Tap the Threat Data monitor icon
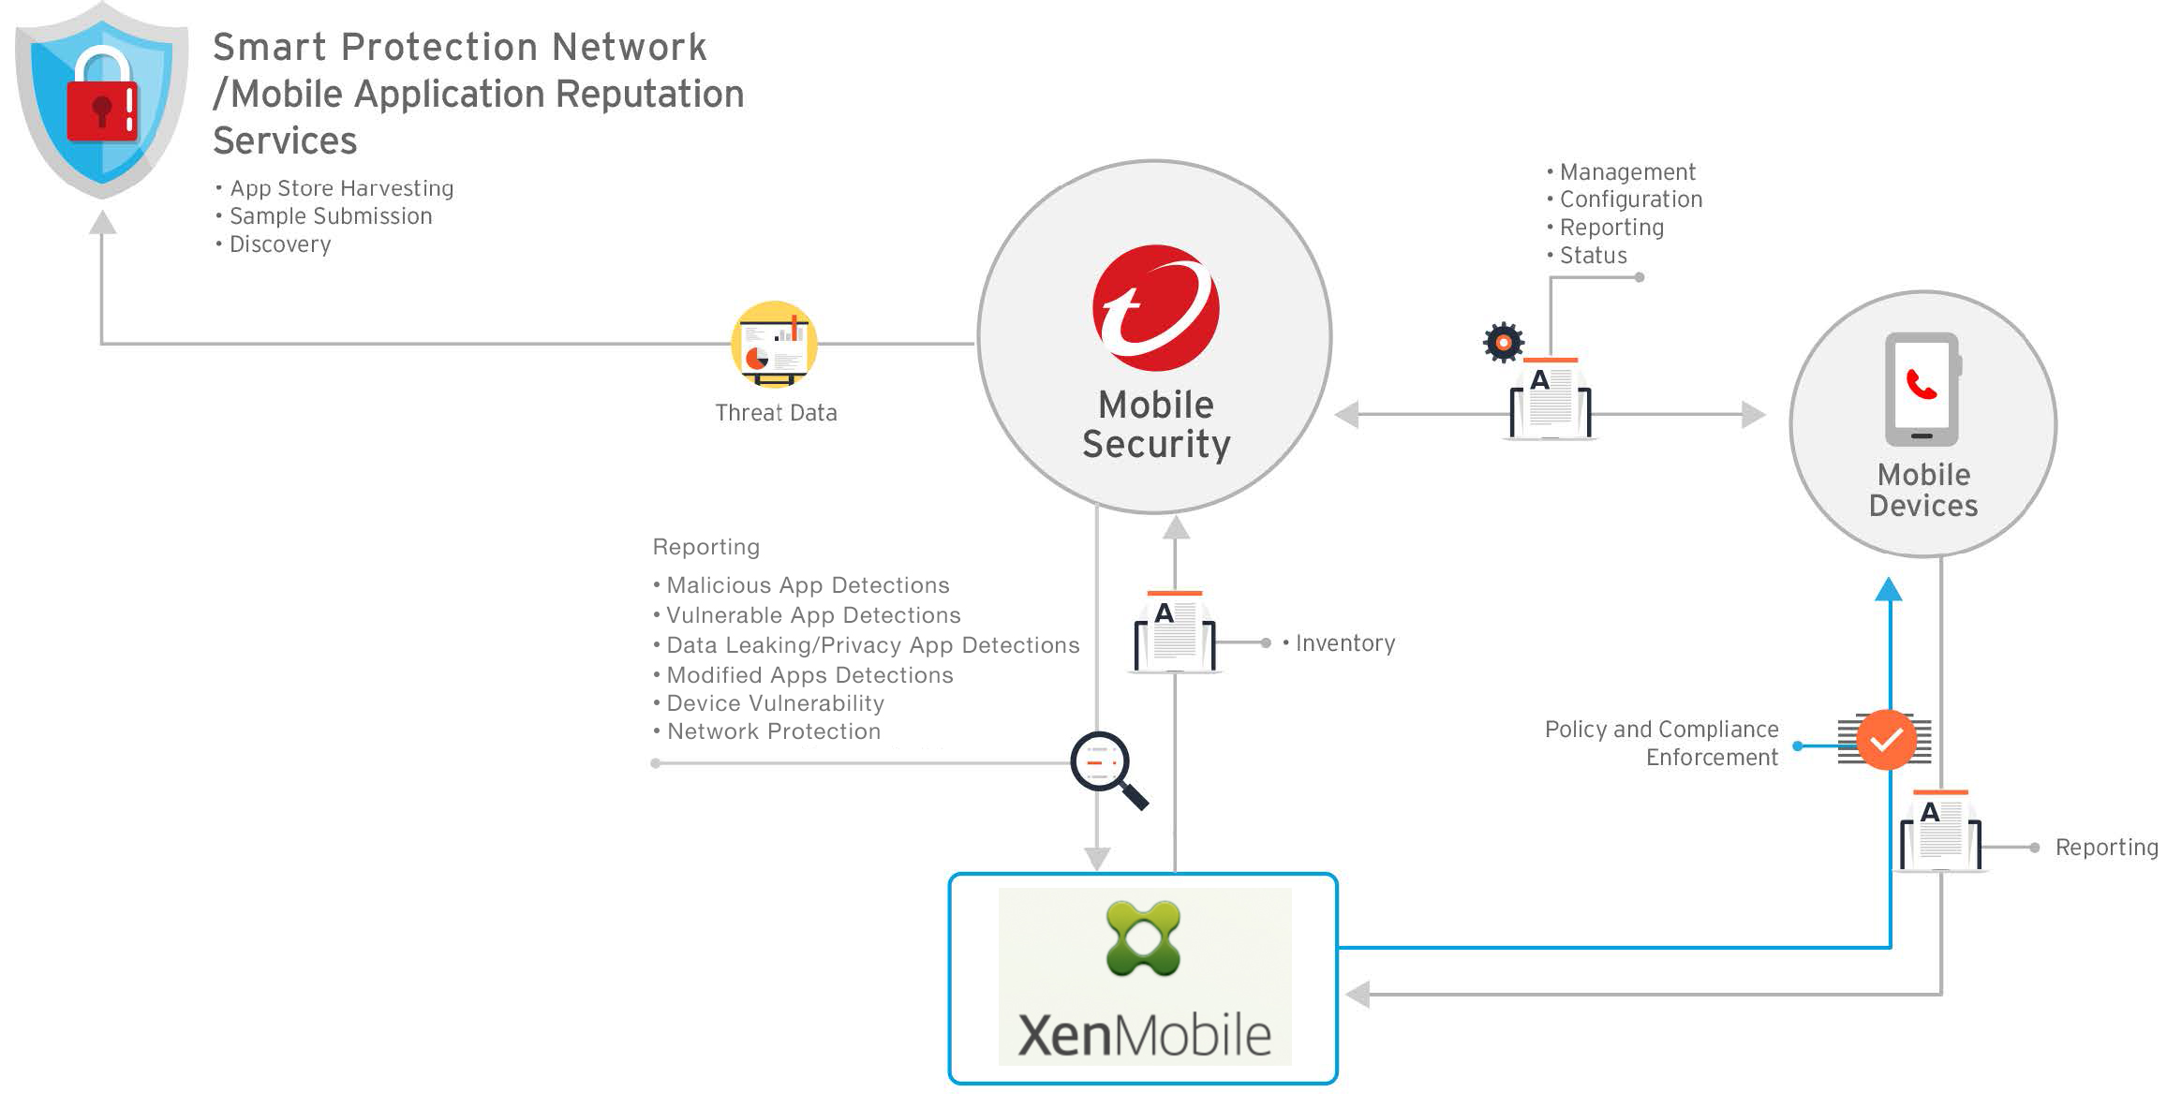click(x=774, y=345)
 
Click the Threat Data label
click(x=776, y=413)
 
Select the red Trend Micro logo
click(x=1155, y=308)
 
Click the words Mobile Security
click(x=1156, y=424)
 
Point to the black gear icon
click(x=1504, y=343)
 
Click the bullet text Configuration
click(x=1630, y=199)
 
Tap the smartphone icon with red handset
click(x=1922, y=389)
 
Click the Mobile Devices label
click(x=1922, y=490)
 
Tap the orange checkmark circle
click(x=1886, y=740)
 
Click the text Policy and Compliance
click(x=1661, y=730)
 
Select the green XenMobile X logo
click(x=1143, y=938)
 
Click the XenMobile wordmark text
click(x=1144, y=1036)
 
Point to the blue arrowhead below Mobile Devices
click(x=1889, y=589)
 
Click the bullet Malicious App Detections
click(x=807, y=585)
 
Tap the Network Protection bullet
click(x=773, y=731)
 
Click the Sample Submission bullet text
click(x=331, y=216)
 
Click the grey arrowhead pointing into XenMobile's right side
click(x=1358, y=994)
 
